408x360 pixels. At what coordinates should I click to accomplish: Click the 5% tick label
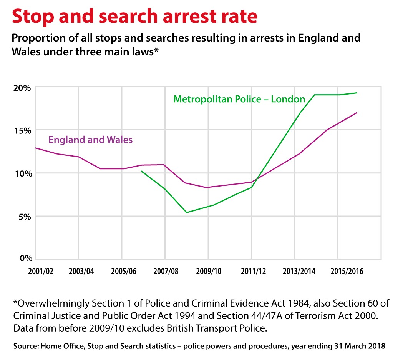click(21, 216)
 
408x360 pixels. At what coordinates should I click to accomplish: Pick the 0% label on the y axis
click(21, 258)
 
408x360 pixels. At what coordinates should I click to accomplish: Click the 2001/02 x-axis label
click(41, 272)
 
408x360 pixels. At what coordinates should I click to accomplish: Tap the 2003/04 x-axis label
click(81, 272)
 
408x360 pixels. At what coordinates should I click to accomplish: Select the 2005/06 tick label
click(124, 272)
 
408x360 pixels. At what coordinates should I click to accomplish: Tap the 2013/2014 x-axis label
click(299, 272)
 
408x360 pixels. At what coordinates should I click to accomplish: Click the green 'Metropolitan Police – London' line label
click(239, 99)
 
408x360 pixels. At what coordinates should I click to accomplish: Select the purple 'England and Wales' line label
click(90, 140)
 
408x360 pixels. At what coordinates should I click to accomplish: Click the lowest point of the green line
click(186, 212)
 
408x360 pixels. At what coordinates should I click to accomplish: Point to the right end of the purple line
click(357, 113)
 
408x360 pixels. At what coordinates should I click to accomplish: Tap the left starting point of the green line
click(141, 171)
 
